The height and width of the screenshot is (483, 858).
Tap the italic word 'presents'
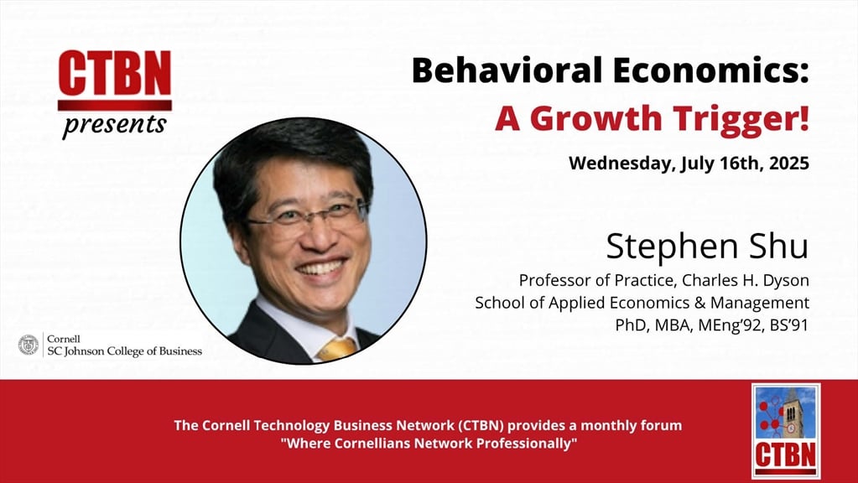click(x=114, y=124)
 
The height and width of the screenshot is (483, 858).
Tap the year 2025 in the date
click(x=788, y=163)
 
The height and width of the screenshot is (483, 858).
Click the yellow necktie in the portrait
click(x=337, y=349)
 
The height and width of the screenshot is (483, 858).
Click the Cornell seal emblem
click(x=29, y=345)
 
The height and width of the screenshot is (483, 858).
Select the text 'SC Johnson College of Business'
click(x=125, y=351)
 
